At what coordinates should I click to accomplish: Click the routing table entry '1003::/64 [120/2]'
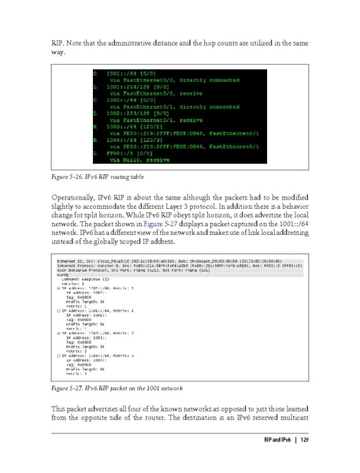[x=121, y=125]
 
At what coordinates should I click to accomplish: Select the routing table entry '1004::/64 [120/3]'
[x=121, y=138]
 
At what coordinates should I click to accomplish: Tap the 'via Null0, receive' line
[x=131, y=158]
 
